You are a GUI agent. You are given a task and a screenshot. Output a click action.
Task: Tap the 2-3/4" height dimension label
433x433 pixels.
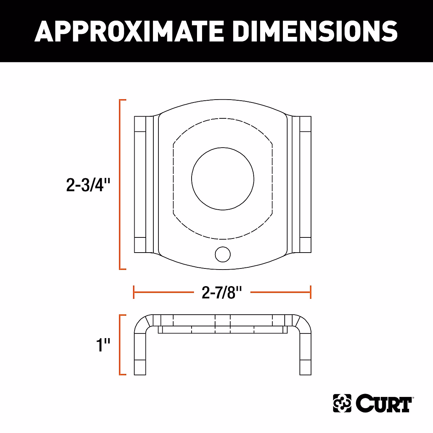88,184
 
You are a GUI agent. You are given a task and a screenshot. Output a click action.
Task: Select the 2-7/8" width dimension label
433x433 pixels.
222,292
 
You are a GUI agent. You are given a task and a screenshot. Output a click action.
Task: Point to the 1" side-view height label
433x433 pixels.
103,345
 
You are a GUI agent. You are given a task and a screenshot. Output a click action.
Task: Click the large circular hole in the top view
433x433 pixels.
223,179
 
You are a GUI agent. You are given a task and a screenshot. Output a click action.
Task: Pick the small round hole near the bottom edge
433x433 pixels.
223,254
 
